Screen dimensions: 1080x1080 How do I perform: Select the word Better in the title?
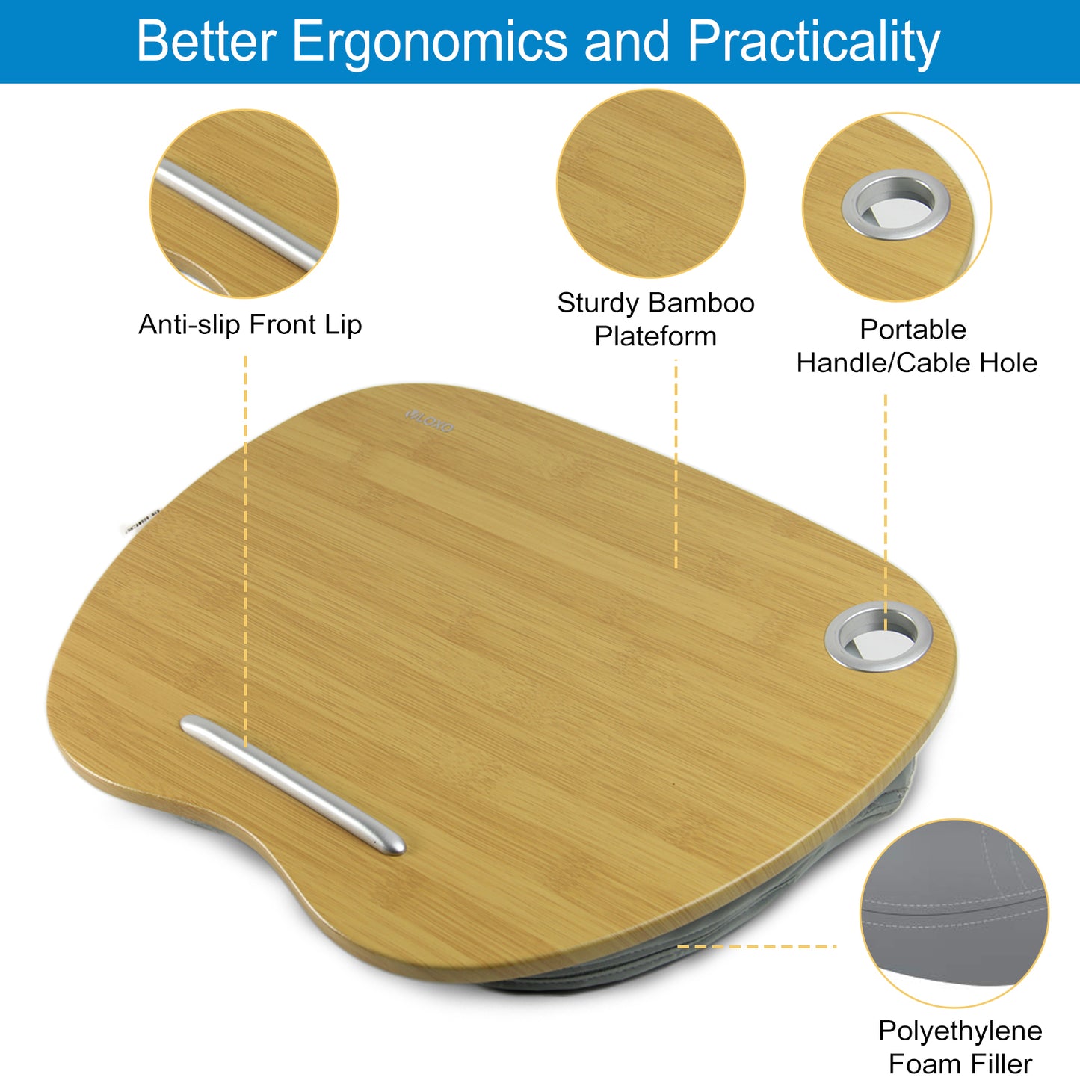pos(207,40)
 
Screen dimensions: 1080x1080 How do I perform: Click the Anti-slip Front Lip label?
pos(250,324)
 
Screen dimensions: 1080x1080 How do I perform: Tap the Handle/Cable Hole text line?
pos(916,362)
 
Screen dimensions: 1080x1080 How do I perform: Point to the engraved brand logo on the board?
pos(429,420)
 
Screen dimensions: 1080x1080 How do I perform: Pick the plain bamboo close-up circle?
pos(651,183)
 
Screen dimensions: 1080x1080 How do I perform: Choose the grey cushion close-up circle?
pos(954,913)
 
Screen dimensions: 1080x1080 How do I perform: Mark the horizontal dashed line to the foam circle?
pos(756,947)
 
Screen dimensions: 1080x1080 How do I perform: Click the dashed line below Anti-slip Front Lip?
pos(245,551)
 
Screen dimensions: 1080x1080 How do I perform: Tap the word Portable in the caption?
pos(913,329)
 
